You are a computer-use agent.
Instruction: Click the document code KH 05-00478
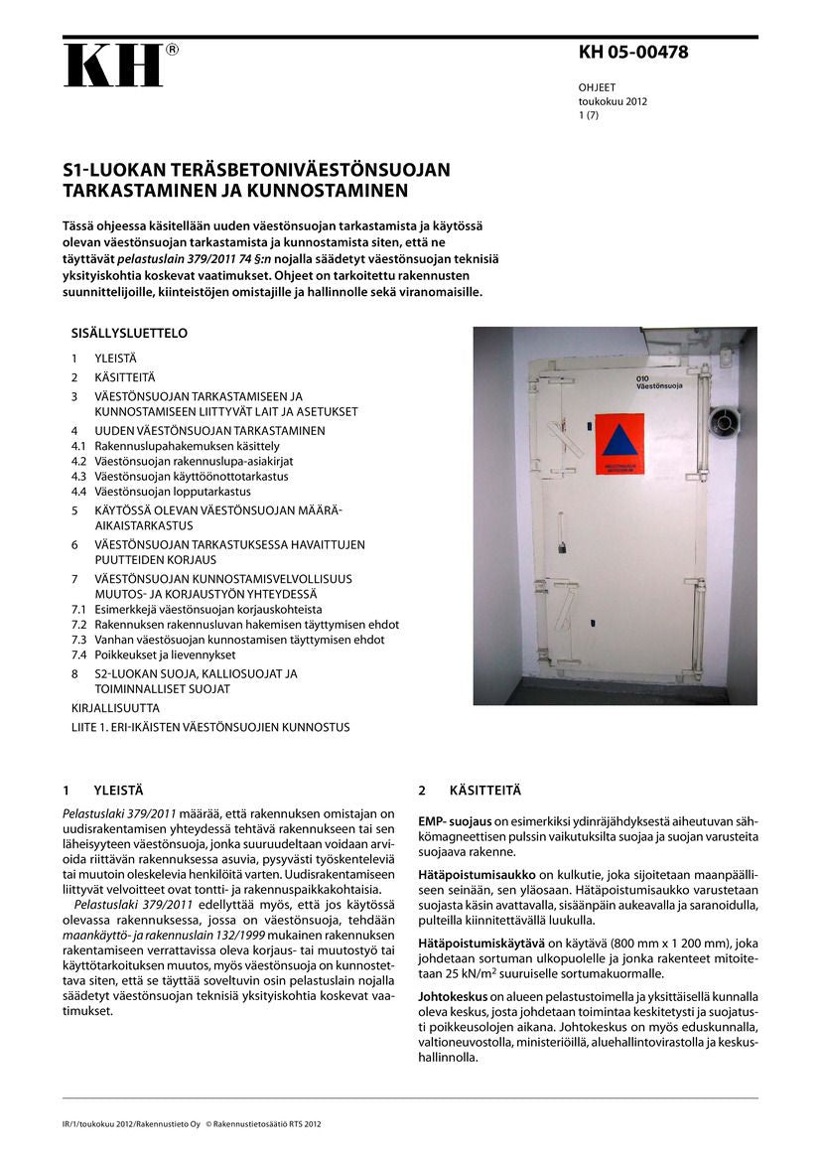633,54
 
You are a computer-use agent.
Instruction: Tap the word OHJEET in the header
598,87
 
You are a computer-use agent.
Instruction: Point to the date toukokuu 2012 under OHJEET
614,101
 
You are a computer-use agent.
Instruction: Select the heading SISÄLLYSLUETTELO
129,334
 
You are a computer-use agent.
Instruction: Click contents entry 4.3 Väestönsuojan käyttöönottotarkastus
180,476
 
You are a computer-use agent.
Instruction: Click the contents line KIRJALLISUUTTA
115,708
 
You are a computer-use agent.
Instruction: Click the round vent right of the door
724,421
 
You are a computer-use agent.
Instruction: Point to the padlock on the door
563,546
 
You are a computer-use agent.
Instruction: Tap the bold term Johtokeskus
452,995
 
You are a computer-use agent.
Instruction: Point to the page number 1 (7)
589,115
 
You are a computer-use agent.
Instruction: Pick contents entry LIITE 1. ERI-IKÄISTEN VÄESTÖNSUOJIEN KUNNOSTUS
210,727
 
